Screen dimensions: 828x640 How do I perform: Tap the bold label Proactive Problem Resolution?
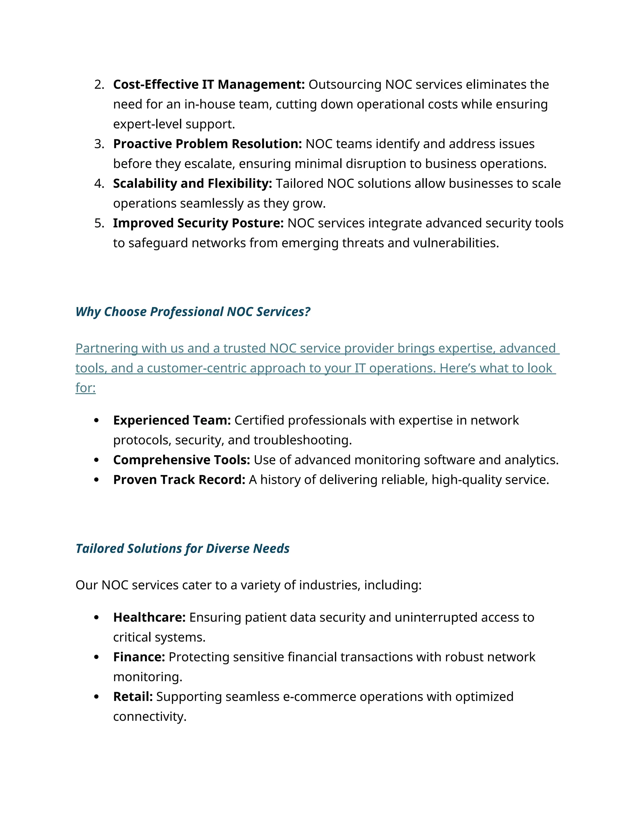(x=207, y=144)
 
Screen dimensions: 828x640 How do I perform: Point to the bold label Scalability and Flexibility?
(x=192, y=183)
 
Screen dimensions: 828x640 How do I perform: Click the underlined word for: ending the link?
(x=86, y=388)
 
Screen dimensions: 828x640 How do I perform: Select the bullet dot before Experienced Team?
(x=96, y=421)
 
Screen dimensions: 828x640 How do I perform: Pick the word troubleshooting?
(x=302, y=440)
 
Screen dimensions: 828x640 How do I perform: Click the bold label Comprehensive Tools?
(x=182, y=460)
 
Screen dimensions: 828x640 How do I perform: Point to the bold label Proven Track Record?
(x=179, y=480)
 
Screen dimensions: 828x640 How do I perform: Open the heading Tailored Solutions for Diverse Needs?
(x=182, y=549)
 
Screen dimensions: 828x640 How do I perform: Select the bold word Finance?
(x=139, y=657)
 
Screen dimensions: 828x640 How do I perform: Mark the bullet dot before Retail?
(x=96, y=697)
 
